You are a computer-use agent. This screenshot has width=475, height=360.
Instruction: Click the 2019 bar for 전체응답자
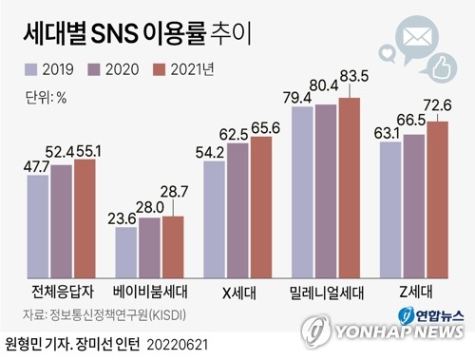[x=39, y=225]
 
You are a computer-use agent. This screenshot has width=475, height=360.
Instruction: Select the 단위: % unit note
[x=45, y=96]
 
